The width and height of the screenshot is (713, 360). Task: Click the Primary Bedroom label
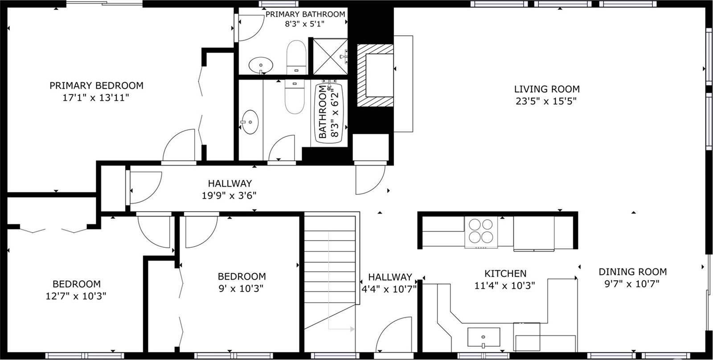pyautogui.click(x=96, y=85)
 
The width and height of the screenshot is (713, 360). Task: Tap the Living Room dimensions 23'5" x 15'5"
pyautogui.click(x=546, y=101)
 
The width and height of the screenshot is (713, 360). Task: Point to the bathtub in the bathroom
pyautogui.click(x=329, y=113)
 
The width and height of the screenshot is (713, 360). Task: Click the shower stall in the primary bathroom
pyautogui.click(x=329, y=56)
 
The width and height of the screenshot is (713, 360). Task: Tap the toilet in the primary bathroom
pyautogui.click(x=295, y=56)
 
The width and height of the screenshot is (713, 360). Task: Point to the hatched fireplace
pyautogui.click(x=374, y=75)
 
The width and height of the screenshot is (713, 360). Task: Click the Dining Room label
pyautogui.click(x=632, y=272)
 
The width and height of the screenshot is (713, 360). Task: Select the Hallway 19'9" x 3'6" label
pyautogui.click(x=229, y=183)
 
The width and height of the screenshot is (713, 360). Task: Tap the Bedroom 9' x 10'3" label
pyautogui.click(x=242, y=276)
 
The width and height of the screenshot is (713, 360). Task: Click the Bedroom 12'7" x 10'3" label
pyautogui.click(x=76, y=284)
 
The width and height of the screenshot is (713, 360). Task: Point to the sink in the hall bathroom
pyautogui.click(x=250, y=121)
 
